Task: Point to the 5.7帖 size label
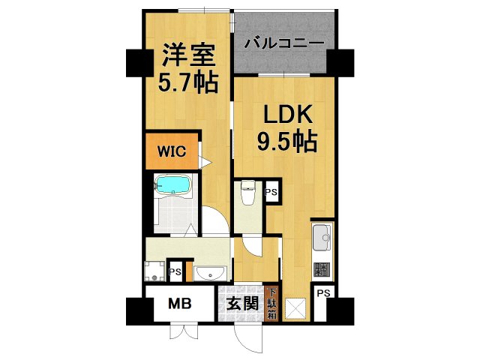[x=187, y=80]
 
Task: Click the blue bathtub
[x=174, y=184]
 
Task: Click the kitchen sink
[x=322, y=238]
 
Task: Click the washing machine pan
[x=156, y=271]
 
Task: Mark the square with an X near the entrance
[x=297, y=307]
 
